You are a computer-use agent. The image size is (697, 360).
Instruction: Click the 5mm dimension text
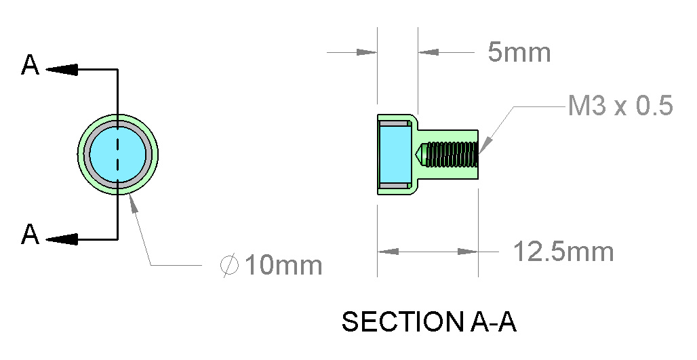pos(519,52)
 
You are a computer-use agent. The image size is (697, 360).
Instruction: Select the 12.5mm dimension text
pos(563,252)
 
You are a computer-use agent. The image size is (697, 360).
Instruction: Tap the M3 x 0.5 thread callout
pos(620,106)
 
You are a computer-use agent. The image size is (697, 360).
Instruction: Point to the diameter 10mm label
pos(271,265)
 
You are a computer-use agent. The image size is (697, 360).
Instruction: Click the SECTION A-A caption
pos(429,322)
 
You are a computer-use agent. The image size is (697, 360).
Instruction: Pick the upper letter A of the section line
pos(31,66)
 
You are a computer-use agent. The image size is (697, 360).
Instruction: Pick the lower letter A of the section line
pos(31,235)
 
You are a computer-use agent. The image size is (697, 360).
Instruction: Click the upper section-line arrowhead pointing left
pos(61,69)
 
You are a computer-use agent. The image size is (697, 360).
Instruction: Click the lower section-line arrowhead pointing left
pos(61,238)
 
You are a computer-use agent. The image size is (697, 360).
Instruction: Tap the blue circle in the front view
pos(118,155)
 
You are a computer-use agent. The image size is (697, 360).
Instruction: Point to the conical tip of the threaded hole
pos(420,155)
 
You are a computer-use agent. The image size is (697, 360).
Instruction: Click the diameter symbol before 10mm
pos(228,265)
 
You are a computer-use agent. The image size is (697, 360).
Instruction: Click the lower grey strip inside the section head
pos(395,185)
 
